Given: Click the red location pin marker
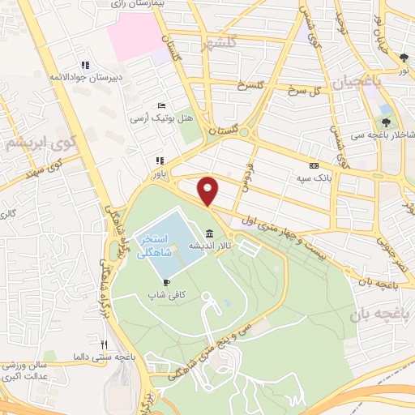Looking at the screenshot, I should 209,190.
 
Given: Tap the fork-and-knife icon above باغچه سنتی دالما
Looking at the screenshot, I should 104,344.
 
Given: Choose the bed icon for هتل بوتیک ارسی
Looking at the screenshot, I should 161,106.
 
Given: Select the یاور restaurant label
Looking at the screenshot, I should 159,173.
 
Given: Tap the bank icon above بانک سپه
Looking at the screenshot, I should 314,166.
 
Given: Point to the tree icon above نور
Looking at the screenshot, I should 404,58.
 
